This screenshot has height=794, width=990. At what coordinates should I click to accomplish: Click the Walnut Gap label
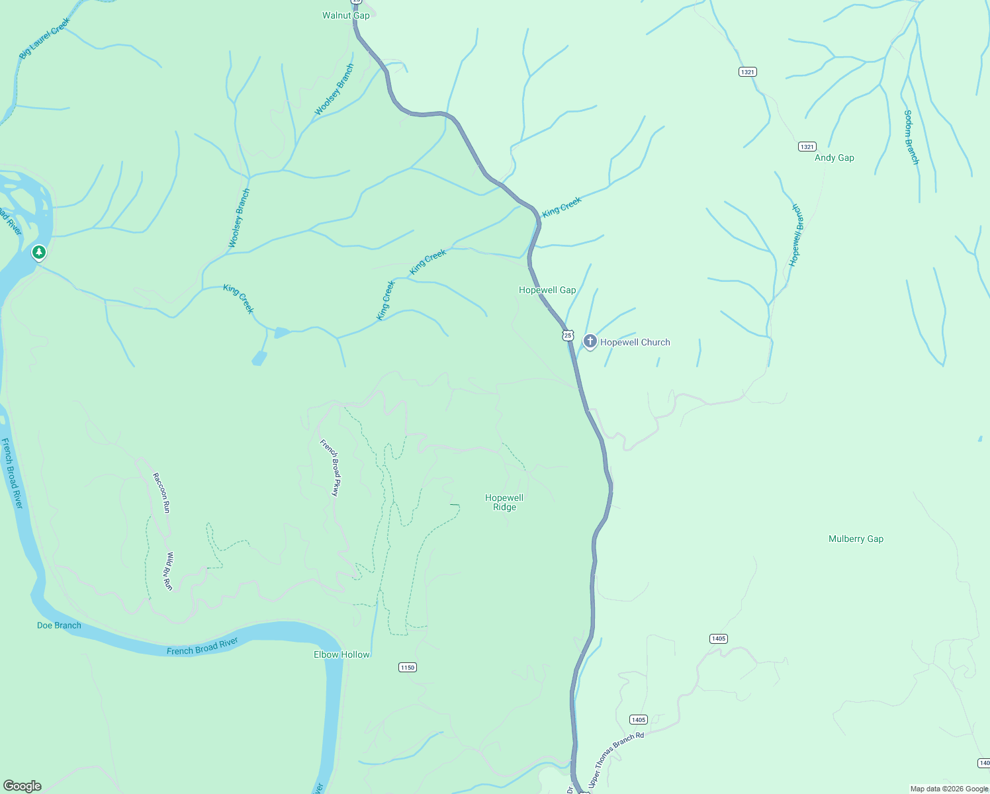[345, 15]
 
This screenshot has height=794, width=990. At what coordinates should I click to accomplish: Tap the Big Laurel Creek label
[44, 38]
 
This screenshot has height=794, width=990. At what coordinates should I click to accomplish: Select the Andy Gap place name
[834, 157]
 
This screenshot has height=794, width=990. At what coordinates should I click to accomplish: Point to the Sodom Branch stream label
[911, 137]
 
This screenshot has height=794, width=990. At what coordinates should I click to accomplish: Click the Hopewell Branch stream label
[795, 236]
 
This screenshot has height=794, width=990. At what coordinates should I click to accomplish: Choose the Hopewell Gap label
[547, 290]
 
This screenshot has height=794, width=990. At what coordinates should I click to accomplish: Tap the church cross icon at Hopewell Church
[590, 341]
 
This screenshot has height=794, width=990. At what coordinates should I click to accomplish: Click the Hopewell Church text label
[635, 342]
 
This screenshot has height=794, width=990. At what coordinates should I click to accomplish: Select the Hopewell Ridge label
[504, 502]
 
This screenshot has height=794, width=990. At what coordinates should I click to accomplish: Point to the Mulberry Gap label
[856, 539]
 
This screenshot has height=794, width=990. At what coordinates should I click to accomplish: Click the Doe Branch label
[59, 625]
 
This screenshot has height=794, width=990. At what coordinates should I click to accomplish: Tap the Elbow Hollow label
[341, 654]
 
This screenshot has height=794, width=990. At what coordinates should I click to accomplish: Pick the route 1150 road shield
[408, 667]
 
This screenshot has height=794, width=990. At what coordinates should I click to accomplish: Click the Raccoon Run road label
[161, 492]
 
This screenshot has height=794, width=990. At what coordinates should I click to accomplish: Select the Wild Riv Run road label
[169, 571]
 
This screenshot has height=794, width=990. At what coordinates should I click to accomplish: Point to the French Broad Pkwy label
[330, 467]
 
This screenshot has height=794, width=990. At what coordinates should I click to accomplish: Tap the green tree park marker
[39, 252]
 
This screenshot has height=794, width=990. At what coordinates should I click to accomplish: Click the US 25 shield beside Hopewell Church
[568, 335]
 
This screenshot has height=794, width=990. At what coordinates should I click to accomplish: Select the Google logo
[22, 785]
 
